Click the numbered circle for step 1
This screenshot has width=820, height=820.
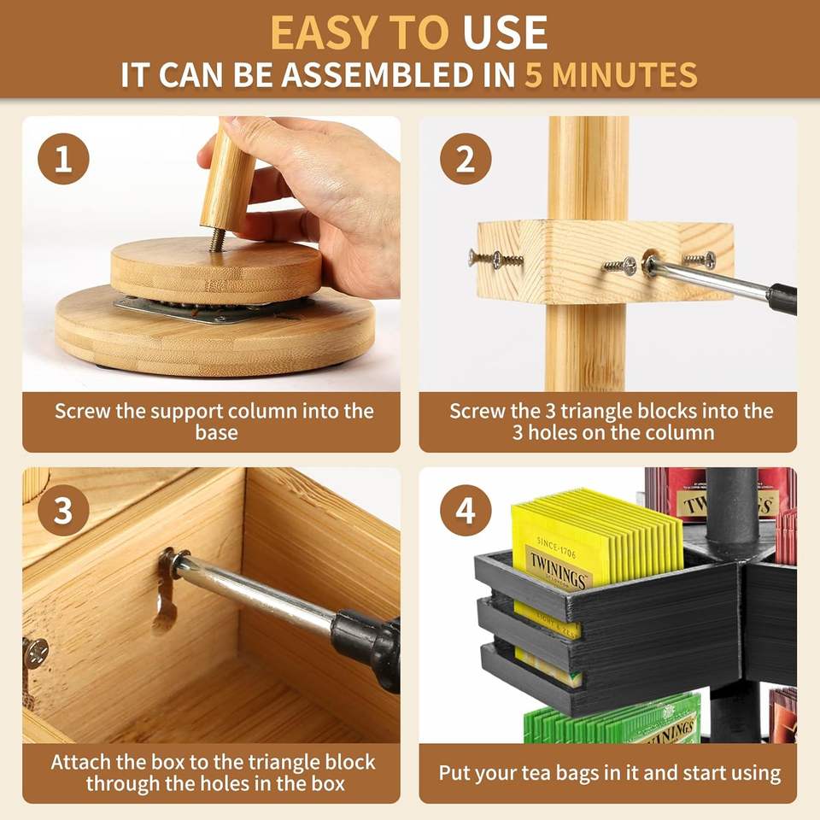point(63,159)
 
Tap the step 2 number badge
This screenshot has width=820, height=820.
point(466,159)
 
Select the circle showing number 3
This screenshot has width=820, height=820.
point(63,510)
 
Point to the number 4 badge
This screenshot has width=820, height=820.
point(466,510)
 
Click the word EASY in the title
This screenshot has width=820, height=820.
point(322,33)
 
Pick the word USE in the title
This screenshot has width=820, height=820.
point(505,33)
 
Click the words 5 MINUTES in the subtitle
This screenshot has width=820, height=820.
point(611,75)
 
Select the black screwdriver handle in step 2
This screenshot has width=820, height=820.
point(783,299)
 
